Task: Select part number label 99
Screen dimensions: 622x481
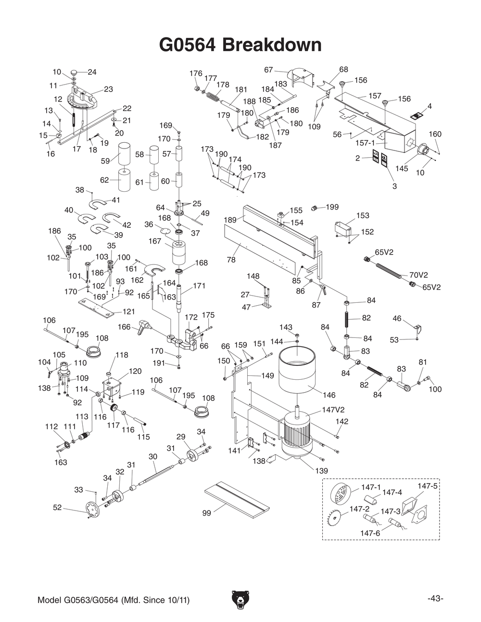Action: coord(206,513)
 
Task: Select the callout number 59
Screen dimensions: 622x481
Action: coord(105,161)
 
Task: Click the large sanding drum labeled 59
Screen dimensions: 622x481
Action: coord(125,152)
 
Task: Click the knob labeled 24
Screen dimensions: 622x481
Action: coord(75,72)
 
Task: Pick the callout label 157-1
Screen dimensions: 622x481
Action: coord(365,143)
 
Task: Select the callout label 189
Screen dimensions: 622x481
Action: coord(230,220)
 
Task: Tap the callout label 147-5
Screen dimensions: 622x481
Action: coord(427,486)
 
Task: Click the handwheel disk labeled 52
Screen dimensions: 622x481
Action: coord(91,510)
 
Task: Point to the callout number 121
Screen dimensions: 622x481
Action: coord(128,311)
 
